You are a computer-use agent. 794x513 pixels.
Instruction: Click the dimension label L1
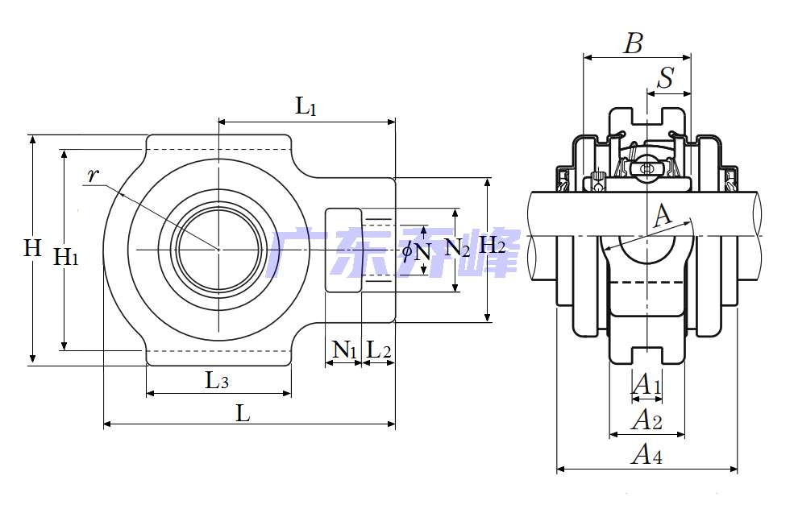point(306,106)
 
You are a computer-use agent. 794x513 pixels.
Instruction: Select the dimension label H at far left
point(31,248)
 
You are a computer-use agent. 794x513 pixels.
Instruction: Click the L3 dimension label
point(216,380)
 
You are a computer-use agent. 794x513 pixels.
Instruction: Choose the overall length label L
point(243,414)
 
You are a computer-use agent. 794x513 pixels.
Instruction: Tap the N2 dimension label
point(457,248)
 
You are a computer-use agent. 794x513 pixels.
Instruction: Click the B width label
point(634,44)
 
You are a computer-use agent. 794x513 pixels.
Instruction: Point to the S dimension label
point(666,79)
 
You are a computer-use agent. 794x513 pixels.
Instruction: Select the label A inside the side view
point(662,215)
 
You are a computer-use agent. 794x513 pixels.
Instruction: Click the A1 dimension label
point(646,385)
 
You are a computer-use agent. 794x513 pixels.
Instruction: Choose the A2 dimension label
point(646,420)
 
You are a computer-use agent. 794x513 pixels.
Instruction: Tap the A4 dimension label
point(646,456)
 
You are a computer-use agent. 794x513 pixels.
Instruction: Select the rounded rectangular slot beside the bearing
point(343,250)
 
